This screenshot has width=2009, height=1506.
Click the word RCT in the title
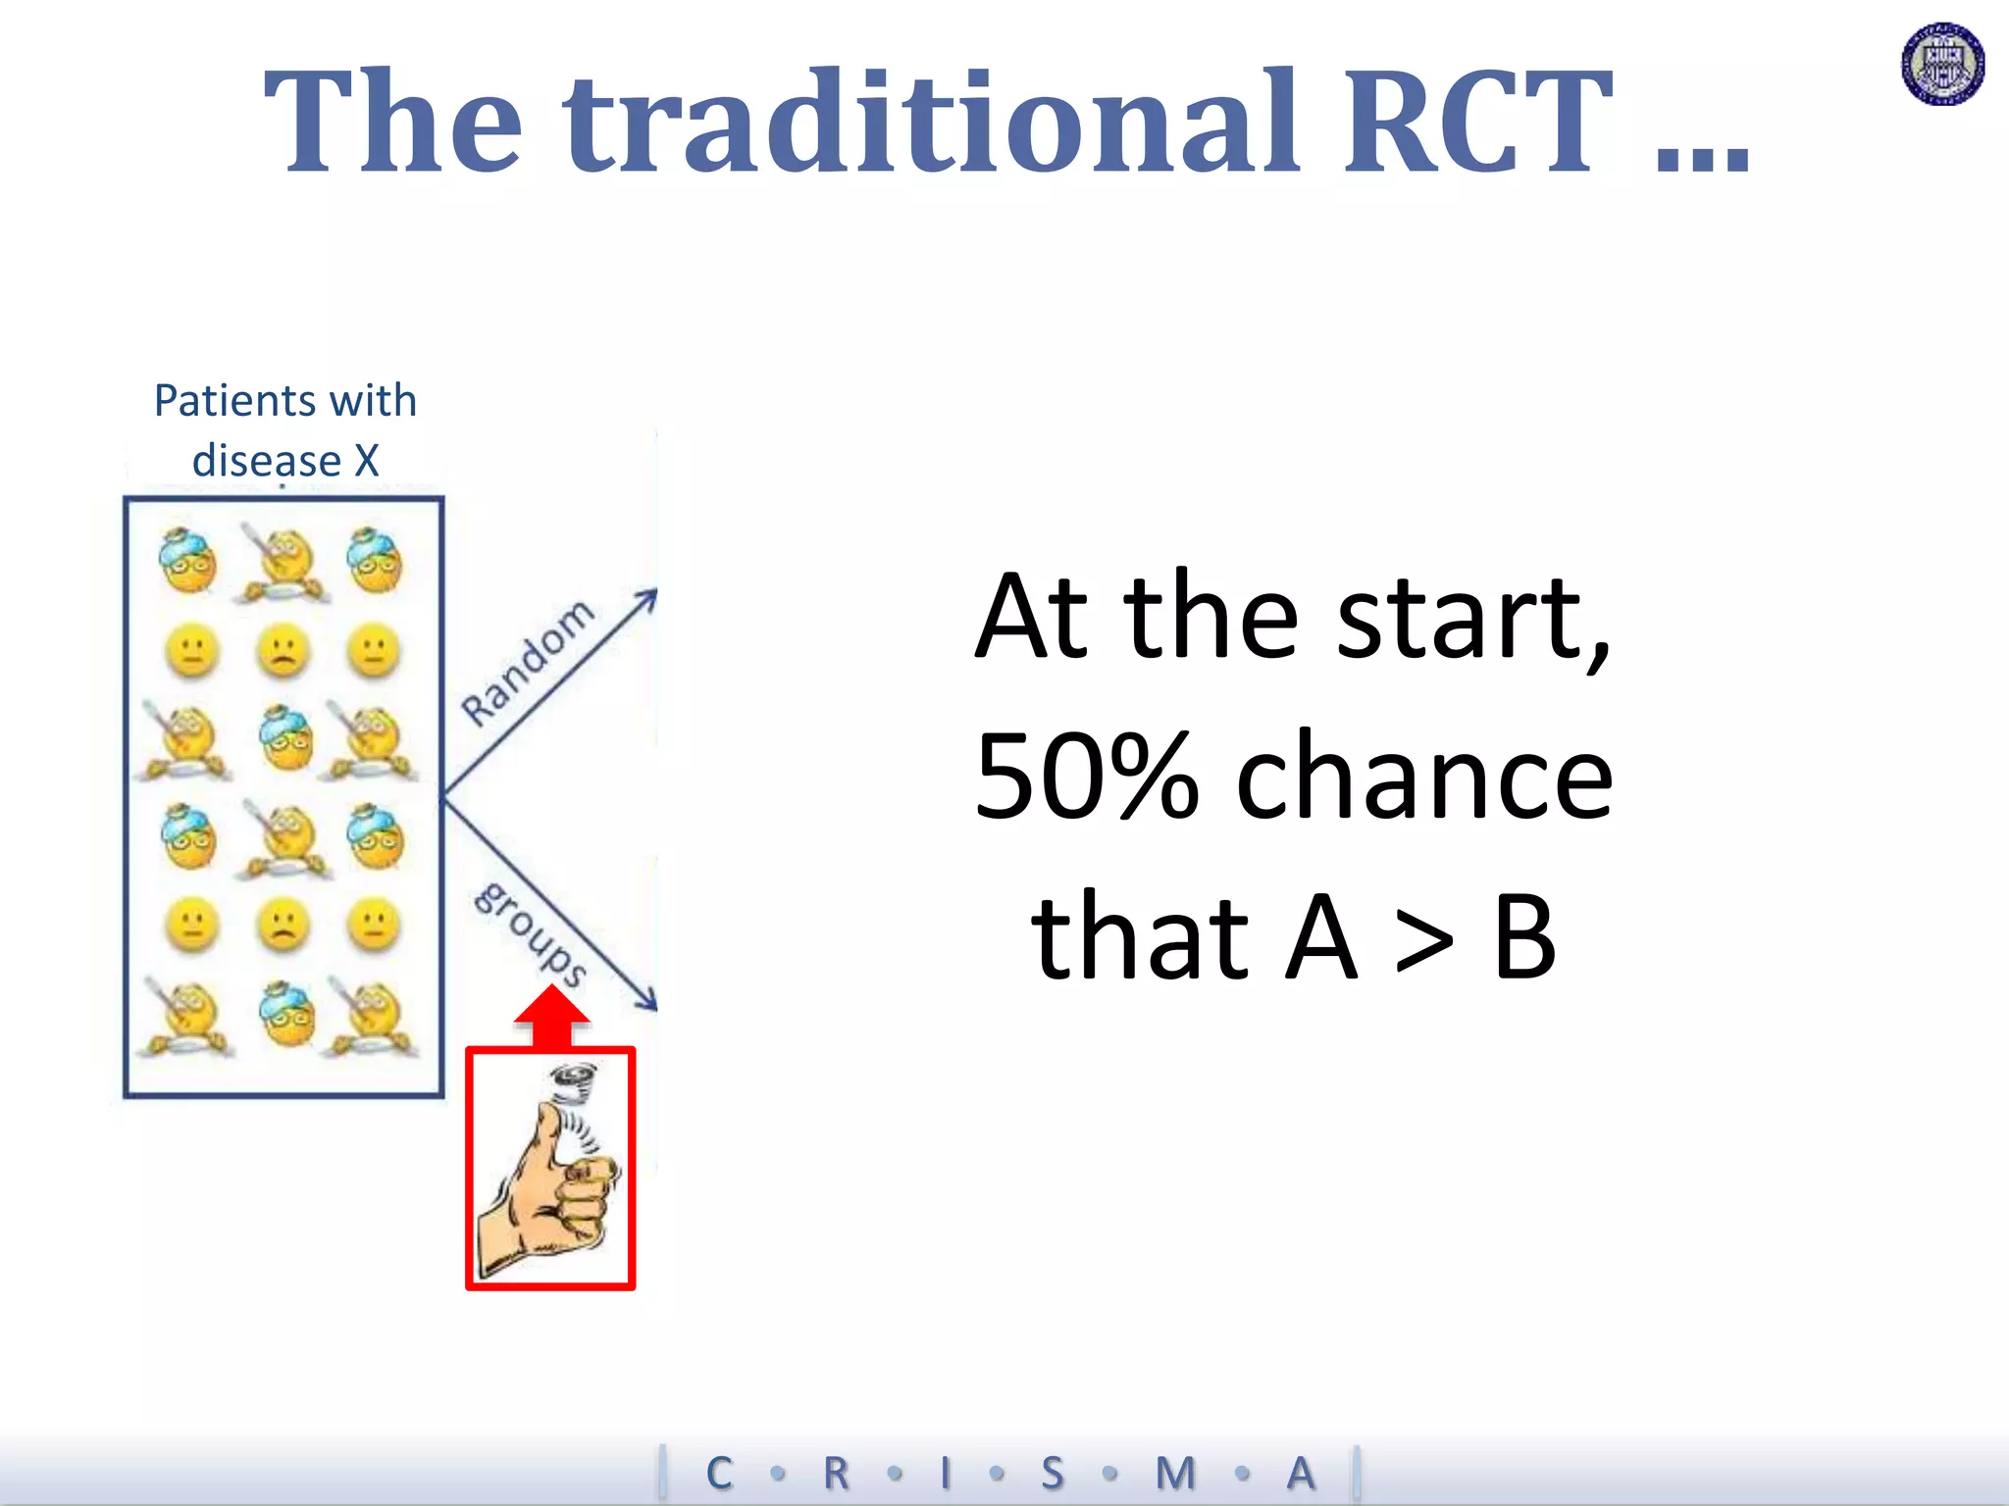pyautogui.click(x=1476, y=123)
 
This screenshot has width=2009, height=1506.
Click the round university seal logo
pyautogui.click(x=1942, y=64)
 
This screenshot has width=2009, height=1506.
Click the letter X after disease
pyautogui.click(x=366, y=461)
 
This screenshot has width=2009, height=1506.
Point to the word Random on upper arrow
pyautogui.click(x=528, y=663)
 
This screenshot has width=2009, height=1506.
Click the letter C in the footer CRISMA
pyautogui.click(x=719, y=1473)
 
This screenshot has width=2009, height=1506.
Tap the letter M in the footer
pyautogui.click(x=1174, y=1473)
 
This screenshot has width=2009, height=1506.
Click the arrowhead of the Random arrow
pyautogui.click(x=648, y=596)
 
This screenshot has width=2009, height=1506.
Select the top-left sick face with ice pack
pyautogui.click(x=187, y=561)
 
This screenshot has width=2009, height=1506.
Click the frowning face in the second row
pyautogui.click(x=283, y=651)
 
